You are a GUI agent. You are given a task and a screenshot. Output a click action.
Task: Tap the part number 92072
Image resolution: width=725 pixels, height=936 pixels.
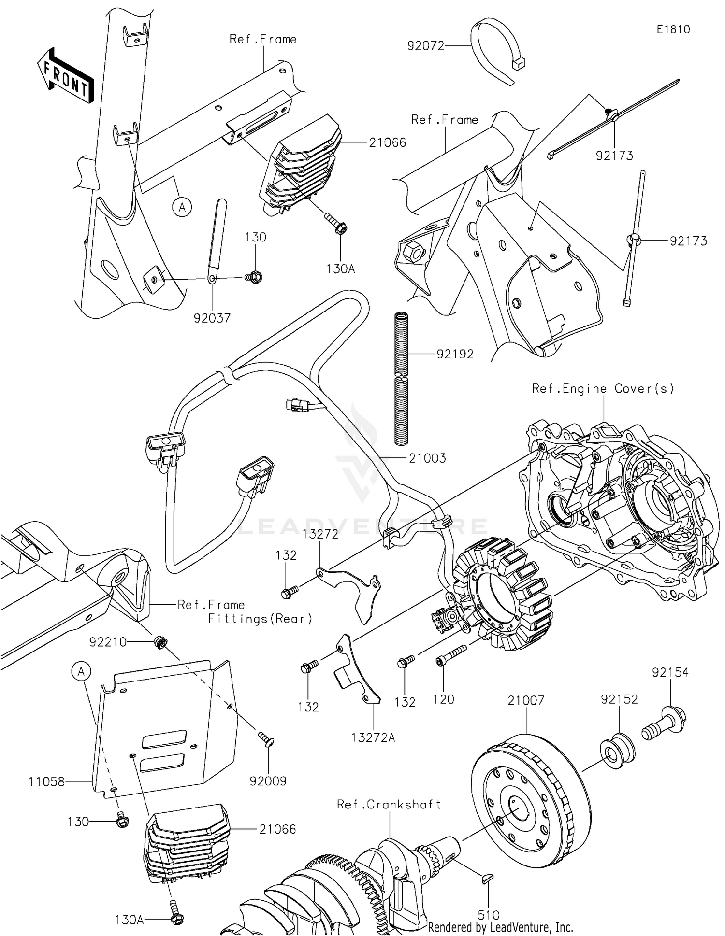pos(425,46)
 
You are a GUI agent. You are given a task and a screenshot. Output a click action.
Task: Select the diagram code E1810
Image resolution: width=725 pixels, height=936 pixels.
pos(673,29)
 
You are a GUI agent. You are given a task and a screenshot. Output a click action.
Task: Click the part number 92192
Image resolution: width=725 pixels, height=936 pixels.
pos(455,354)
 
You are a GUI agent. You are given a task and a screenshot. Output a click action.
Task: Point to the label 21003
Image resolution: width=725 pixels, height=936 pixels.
pos(427,458)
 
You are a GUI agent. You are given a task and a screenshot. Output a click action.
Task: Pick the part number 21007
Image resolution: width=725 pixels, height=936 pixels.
pos(526,700)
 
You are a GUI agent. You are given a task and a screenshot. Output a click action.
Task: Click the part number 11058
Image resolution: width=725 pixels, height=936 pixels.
pos(46,781)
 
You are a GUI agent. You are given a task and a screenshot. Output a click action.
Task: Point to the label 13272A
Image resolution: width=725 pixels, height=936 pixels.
pos(373,737)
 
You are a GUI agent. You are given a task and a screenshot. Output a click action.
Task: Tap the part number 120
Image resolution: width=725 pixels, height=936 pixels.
pos(444,699)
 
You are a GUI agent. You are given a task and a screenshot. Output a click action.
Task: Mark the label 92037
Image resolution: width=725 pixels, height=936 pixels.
pos(212,318)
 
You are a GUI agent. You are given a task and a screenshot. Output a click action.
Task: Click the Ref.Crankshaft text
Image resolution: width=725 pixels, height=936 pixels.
pos(389,804)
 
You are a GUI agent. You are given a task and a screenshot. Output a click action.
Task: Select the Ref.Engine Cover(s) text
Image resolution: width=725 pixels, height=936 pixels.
pos(603,388)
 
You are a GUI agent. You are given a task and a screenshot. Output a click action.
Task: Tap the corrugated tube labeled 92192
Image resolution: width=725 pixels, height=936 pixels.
pos(402,379)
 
